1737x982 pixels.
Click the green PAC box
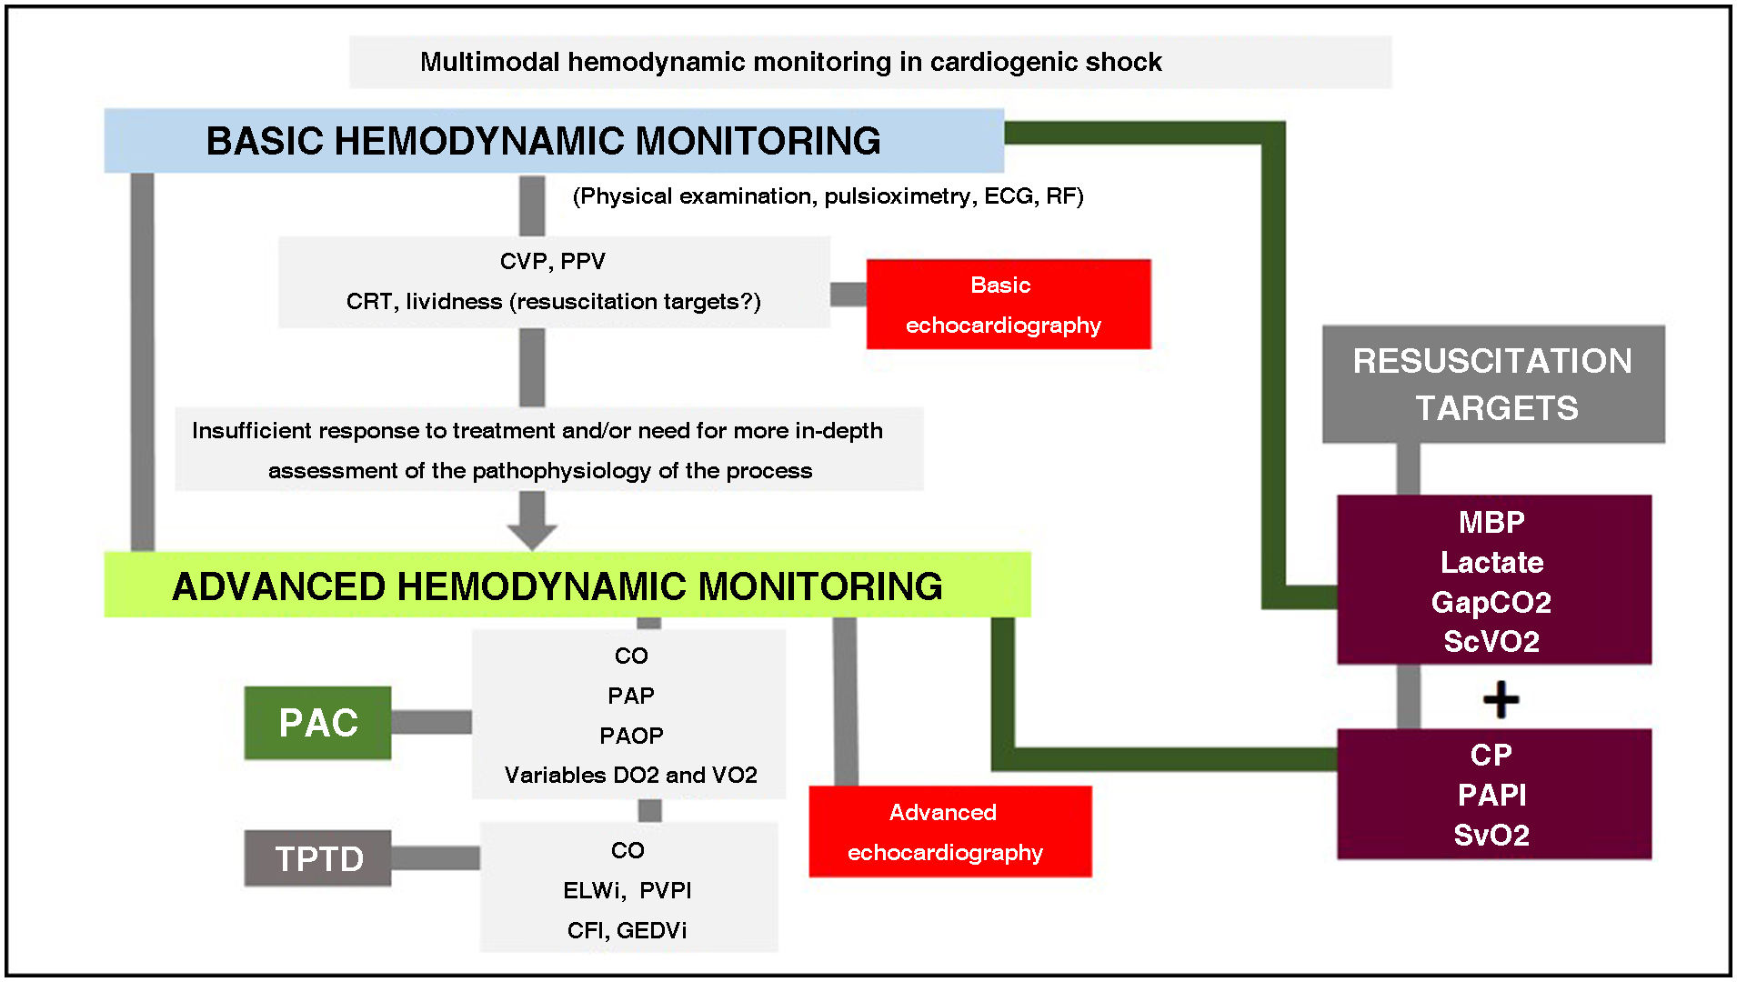coord(317,723)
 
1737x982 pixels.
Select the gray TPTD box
coord(317,858)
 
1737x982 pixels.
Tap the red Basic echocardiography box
coord(1008,304)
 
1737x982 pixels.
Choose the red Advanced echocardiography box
coord(949,831)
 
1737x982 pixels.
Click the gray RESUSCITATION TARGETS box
coord(1492,384)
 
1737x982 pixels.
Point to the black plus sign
coord(1501,699)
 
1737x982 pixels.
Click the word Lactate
coord(1491,562)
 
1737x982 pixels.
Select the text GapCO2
coord(1491,602)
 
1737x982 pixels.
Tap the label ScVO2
coord(1491,642)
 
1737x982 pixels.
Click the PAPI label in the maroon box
coord(1491,795)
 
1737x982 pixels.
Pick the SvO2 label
coord(1491,835)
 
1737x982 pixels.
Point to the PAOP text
coord(631,735)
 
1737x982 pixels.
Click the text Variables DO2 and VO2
coord(631,775)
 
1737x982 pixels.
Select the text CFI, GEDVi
coord(627,930)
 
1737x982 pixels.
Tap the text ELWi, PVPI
coord(627,890)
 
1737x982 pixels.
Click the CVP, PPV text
coord(552,261)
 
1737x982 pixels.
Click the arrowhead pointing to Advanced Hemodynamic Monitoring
coord(532,535)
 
